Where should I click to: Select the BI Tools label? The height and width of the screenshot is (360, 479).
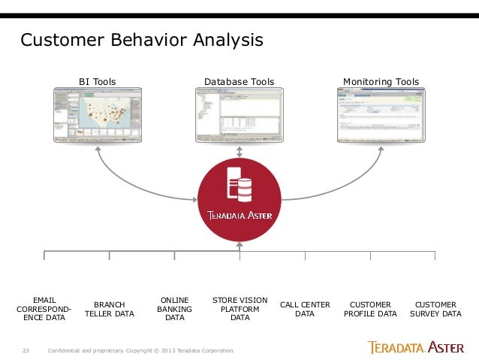pyautogui.click(x=98, y=81)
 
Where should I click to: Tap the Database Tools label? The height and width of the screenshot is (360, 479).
pyautogui.click(x=239, y=81)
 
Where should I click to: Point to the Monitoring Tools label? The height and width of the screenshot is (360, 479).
pyautogui.click(x=381, y=81)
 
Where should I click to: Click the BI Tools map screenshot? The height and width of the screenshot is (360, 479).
pyautogui.click(x=98, y=115)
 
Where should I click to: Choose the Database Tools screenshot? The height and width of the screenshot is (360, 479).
pyautogui.click(x=239, y=115)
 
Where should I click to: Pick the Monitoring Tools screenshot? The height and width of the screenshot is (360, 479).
pyautogui.click(x=380, y=115)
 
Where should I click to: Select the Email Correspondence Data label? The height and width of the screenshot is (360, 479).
pyautogui.click(x=44, y=308)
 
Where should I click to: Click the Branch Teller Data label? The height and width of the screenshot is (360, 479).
pyautogui.click(x=110, y=309)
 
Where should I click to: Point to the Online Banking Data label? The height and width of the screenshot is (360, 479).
pyautogui.click(x=175, y=308)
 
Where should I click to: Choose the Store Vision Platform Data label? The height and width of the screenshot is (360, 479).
pyautogui.click(x=240, y=308)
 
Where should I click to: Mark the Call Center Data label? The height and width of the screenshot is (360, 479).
pyautogui.click(x=305, y=309)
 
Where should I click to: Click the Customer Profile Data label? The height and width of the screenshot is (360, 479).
pyautogui.click(x=370, y=309)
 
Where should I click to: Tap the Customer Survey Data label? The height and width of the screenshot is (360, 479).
pyautogui.click(x=435, y=309)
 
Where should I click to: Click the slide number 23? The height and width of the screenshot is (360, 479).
pyautogui.click(x=26, y=350)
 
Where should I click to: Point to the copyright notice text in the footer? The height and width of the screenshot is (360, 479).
pyautogui.click(x=141, y=350)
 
